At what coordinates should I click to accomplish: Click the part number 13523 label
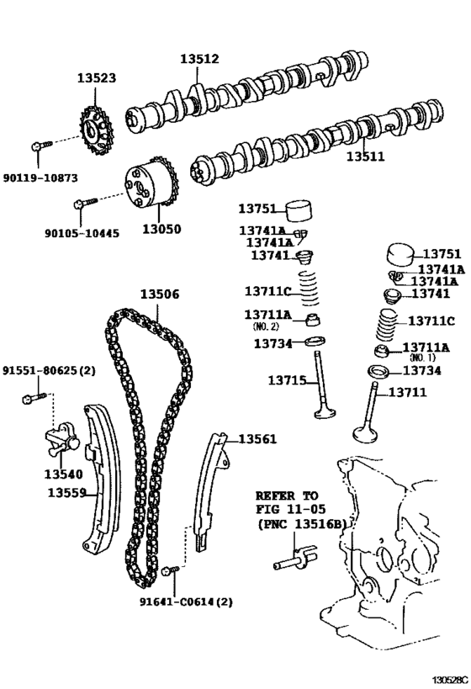point(97,77)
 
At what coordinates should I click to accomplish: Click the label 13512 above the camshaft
point(198,59)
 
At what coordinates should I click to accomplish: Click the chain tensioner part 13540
point(60,441)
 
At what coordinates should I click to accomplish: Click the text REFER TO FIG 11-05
point(287,502)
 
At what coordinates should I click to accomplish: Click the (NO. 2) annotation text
point(267,326)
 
